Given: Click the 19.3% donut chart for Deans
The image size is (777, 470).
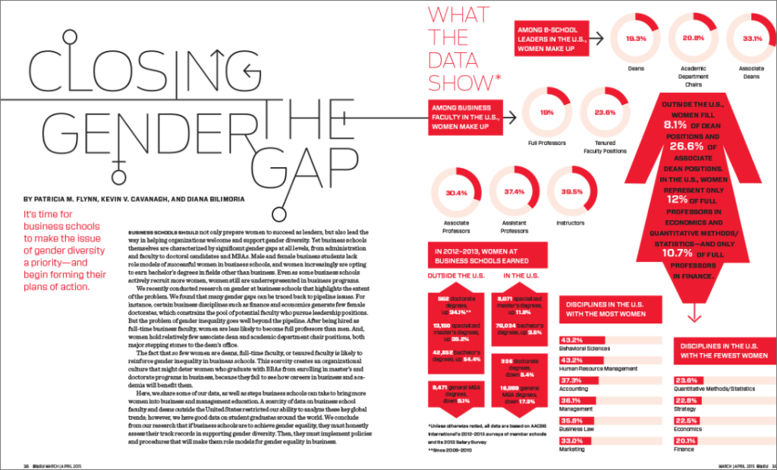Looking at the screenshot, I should click(x=636, y=38).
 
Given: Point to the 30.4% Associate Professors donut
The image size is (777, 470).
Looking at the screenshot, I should click(x=457, y=193).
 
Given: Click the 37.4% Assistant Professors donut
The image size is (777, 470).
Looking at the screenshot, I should click(x=516, y=193).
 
